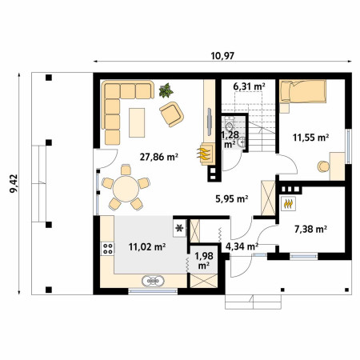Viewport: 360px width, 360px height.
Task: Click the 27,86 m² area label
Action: [x=159, y=157]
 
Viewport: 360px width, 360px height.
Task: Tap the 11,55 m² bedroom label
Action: [x=310, y=138]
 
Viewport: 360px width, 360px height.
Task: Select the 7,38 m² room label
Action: [x=310, y=229]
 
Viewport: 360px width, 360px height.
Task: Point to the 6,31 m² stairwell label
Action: [x=249, y=86]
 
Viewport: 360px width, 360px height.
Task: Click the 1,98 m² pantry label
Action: [x=204, y=261]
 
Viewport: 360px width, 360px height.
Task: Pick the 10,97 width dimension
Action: [x=222, y=56]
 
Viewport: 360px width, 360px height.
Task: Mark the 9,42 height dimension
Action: [x=14, y=183]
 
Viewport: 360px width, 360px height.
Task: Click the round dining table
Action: [x=126, y=189]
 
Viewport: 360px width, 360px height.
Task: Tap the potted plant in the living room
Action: [x=166, y=90]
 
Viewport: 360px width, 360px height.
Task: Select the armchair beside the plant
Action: [x=172, y=114]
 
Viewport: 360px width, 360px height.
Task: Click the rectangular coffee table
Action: [x=137, y=122]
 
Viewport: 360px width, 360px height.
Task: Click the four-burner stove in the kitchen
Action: [x=108, y=249]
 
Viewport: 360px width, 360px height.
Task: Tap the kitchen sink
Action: [x=153, y=281]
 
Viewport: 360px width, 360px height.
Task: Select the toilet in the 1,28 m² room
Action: [x=229, y=124]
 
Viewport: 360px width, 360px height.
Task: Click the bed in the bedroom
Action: [x=302, y=91]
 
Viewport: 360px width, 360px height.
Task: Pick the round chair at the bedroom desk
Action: [x=323, y=166]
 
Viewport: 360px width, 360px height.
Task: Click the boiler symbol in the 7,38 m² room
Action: [x=288, y=204]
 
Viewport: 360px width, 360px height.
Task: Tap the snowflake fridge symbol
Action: [x=179, y=228]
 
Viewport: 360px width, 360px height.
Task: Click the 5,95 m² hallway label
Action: [x=232, y=198]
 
